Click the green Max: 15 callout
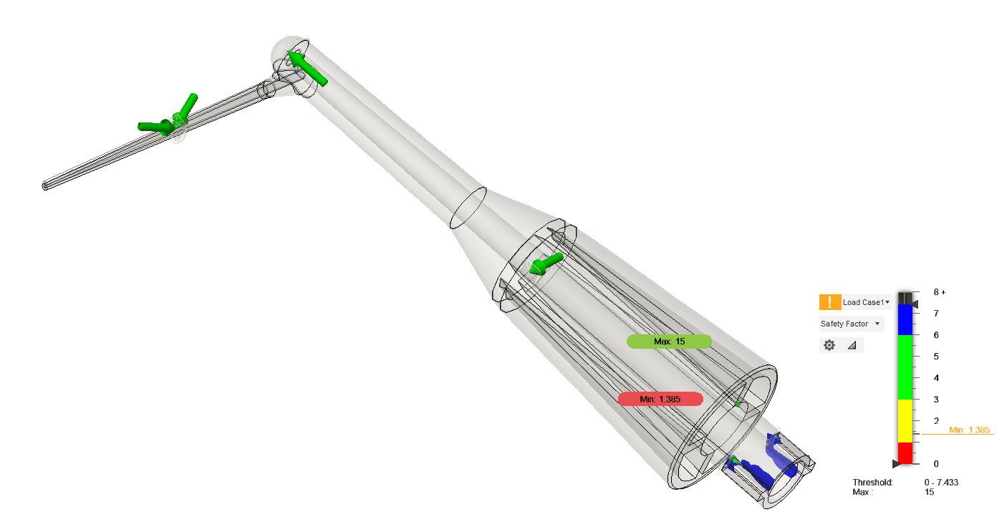(669, 342)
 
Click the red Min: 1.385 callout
(660, 399)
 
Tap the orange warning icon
(830, 302)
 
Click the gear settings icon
(829, 345)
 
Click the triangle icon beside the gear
(852, 345)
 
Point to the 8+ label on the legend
(940, 292)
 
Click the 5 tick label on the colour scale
(936, 357)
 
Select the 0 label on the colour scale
(936, 464)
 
